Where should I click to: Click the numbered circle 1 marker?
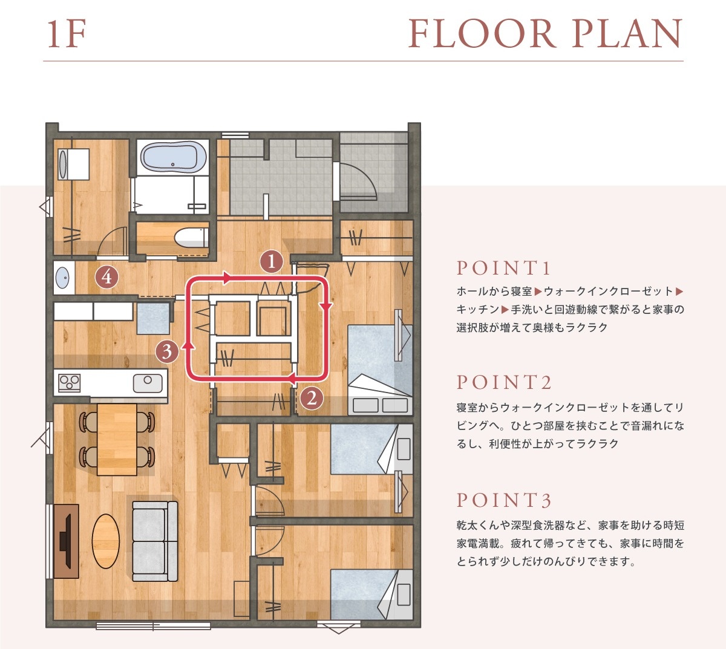271,262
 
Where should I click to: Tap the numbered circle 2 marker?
312,398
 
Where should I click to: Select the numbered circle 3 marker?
167,351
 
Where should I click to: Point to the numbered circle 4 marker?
107,277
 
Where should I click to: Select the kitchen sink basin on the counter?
148,383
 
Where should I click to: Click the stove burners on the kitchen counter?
69,383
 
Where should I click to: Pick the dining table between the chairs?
117,439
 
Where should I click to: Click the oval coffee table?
105,541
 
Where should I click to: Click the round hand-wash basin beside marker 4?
63,278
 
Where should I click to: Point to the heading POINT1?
503,268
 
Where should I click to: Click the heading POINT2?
504,382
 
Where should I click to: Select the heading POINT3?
504,500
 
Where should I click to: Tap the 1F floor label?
67,34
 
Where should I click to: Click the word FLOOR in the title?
483,34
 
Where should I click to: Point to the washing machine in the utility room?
73,165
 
